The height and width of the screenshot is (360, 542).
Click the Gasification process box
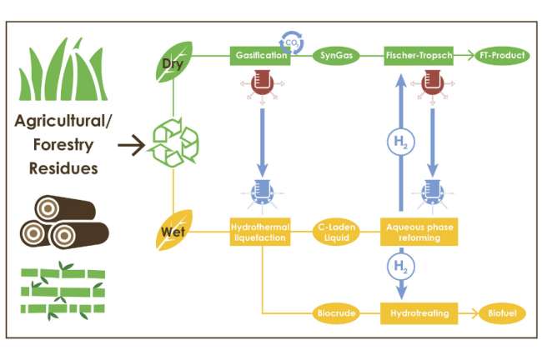[260, 56]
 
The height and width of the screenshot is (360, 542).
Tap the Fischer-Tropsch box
[419, 56]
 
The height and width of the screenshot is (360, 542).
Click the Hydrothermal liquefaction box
[260, 231]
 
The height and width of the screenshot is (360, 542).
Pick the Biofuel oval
[500, 313]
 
